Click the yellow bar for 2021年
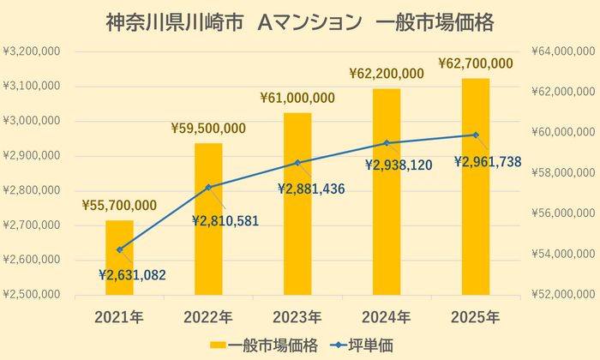(119, 274)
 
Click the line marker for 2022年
(208, 187)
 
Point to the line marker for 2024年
(387, 143)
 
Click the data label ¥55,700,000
(119, 205)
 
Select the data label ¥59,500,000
(208, 129)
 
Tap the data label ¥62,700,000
(476, 63)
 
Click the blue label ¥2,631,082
(132, 275)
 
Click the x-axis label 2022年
(208, 316)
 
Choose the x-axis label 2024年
(387, 316)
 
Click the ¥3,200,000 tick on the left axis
(32, 51)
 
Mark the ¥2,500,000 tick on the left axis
(32, 294)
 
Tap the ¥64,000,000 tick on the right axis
(564, 51)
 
